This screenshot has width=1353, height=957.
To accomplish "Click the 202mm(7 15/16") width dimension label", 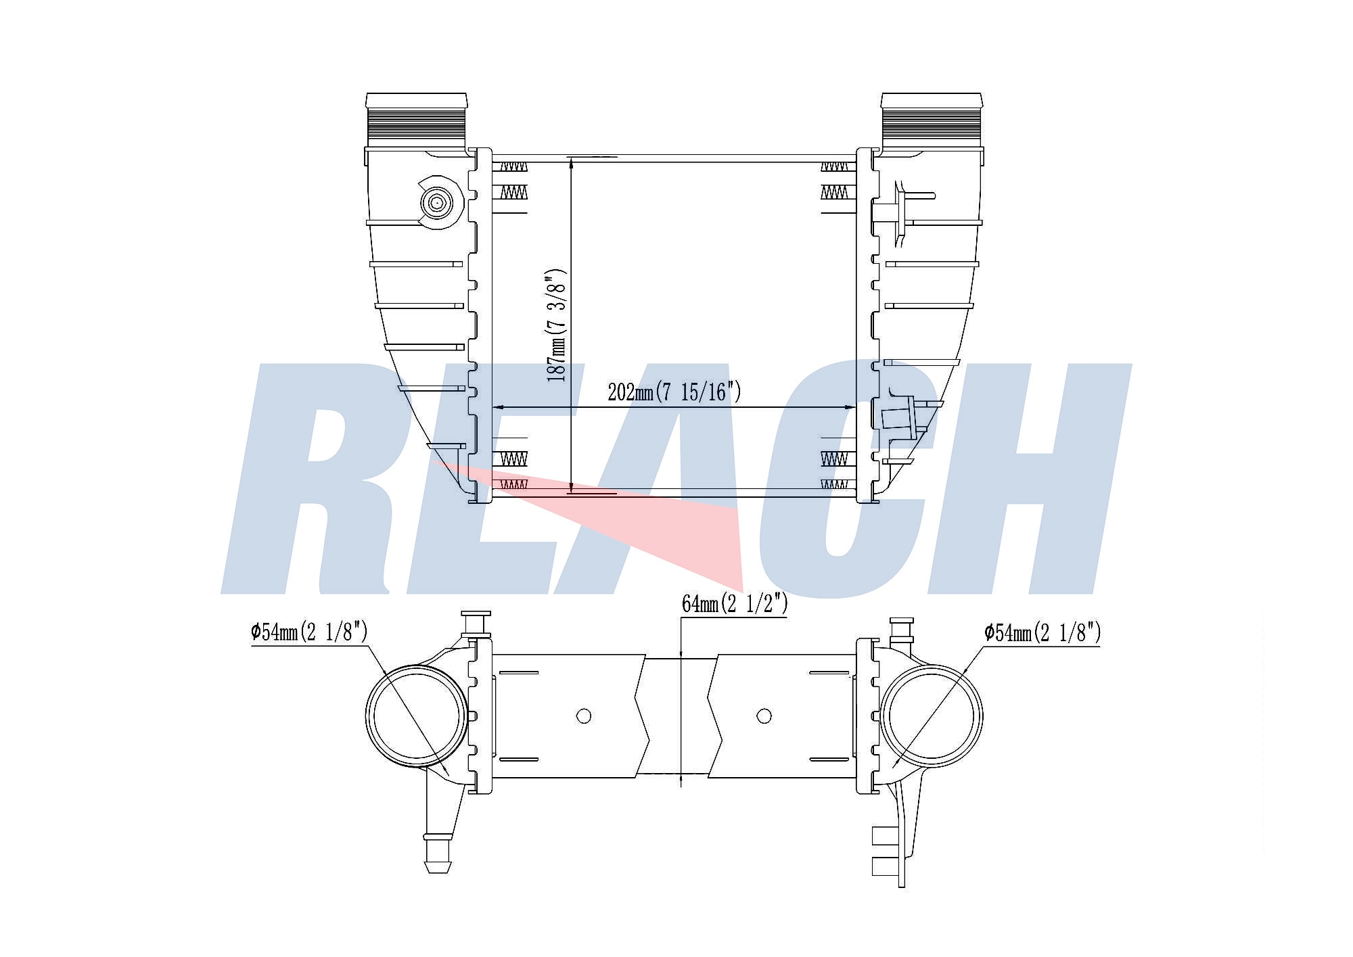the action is pos(674,392).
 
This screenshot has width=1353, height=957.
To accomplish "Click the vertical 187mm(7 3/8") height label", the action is pos(557,325).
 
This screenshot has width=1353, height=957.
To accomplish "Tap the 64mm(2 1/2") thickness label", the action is pos(735,603).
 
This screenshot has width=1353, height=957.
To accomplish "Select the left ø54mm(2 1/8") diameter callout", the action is pos(309,632).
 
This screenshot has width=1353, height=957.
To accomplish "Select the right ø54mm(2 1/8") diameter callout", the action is pos(1042,633).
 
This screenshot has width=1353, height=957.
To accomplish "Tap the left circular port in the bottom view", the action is pos(416,716).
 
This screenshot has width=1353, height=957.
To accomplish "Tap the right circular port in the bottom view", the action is pos(932,716).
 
